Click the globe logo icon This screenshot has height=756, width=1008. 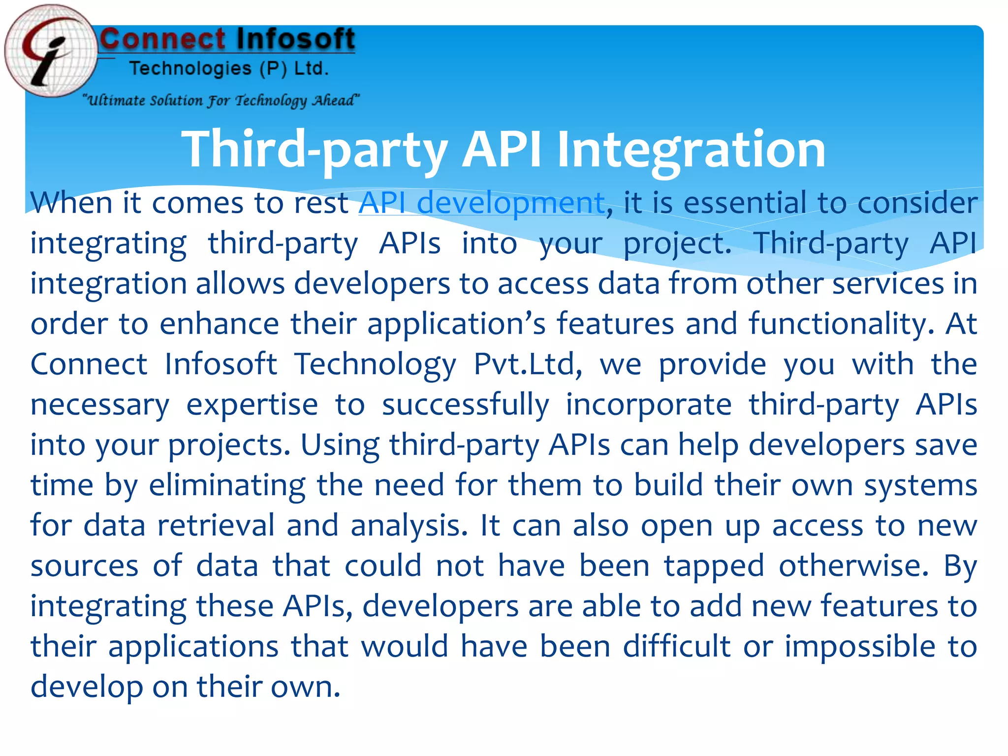[51, 51]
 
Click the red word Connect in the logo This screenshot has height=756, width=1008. [163, 39]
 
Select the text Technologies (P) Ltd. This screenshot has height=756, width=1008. [229, 68]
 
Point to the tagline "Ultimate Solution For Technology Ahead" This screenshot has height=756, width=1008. [221, 100]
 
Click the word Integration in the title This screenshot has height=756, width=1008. [691, 149]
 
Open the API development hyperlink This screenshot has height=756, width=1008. [482, 203]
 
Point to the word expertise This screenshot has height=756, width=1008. [252, 405]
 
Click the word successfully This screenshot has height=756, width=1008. [466, 405]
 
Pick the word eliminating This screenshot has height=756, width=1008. [227, 485]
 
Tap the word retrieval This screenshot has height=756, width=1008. [216, 526]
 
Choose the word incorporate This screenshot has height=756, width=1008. [649, 405]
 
